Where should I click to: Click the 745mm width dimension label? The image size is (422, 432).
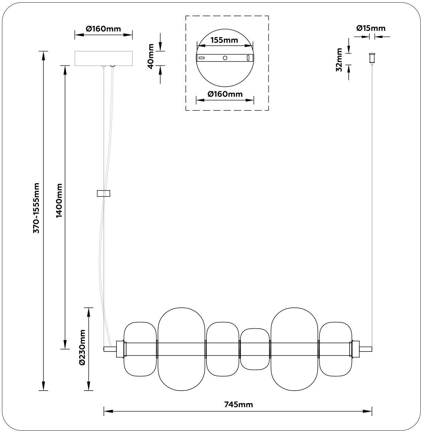(x=238, y=404)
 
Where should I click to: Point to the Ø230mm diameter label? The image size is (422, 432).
(x=82, y=348)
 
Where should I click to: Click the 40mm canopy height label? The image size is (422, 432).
(x=151, y=56)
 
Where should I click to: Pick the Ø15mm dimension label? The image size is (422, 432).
(x=371, y=28)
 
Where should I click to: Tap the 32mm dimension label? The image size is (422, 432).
(x=339, y=60)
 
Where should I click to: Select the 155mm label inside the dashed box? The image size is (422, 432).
(x=225, y=40)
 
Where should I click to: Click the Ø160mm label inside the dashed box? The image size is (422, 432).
(x=225, y=94)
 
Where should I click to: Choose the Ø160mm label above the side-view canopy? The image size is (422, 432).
(x=104, y=28)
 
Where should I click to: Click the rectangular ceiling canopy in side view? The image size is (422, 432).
(x=104, y=58)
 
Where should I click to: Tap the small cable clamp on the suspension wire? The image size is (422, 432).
(x=104, y=193)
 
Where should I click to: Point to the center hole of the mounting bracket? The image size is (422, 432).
(x=225, y=58)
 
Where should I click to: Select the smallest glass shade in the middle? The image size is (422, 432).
(x=255, y=349)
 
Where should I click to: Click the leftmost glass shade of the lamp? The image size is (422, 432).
(x=140, y=349)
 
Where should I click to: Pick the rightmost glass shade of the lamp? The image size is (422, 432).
(x=335, y=349)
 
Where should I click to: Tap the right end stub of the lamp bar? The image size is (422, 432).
(x=366, y=349)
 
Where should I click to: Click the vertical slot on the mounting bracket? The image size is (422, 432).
(x=247, y=58)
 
